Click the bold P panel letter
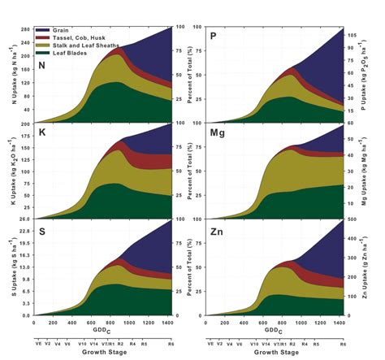[x=214, y=35]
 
